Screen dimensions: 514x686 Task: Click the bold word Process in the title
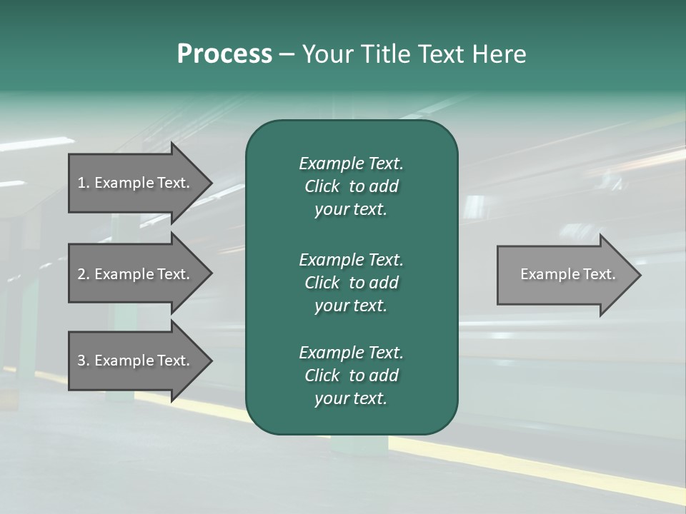point(224,54)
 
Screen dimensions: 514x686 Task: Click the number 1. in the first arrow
point(84,183)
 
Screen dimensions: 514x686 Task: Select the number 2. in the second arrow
point(84,274)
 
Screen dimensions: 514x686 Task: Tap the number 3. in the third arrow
point(84,361)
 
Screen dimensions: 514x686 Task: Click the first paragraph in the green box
point(351,186)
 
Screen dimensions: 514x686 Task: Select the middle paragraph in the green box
point(351,282)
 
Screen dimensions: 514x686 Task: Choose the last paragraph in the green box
point(351,376)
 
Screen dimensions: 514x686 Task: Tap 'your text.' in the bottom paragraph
point(351,398)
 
